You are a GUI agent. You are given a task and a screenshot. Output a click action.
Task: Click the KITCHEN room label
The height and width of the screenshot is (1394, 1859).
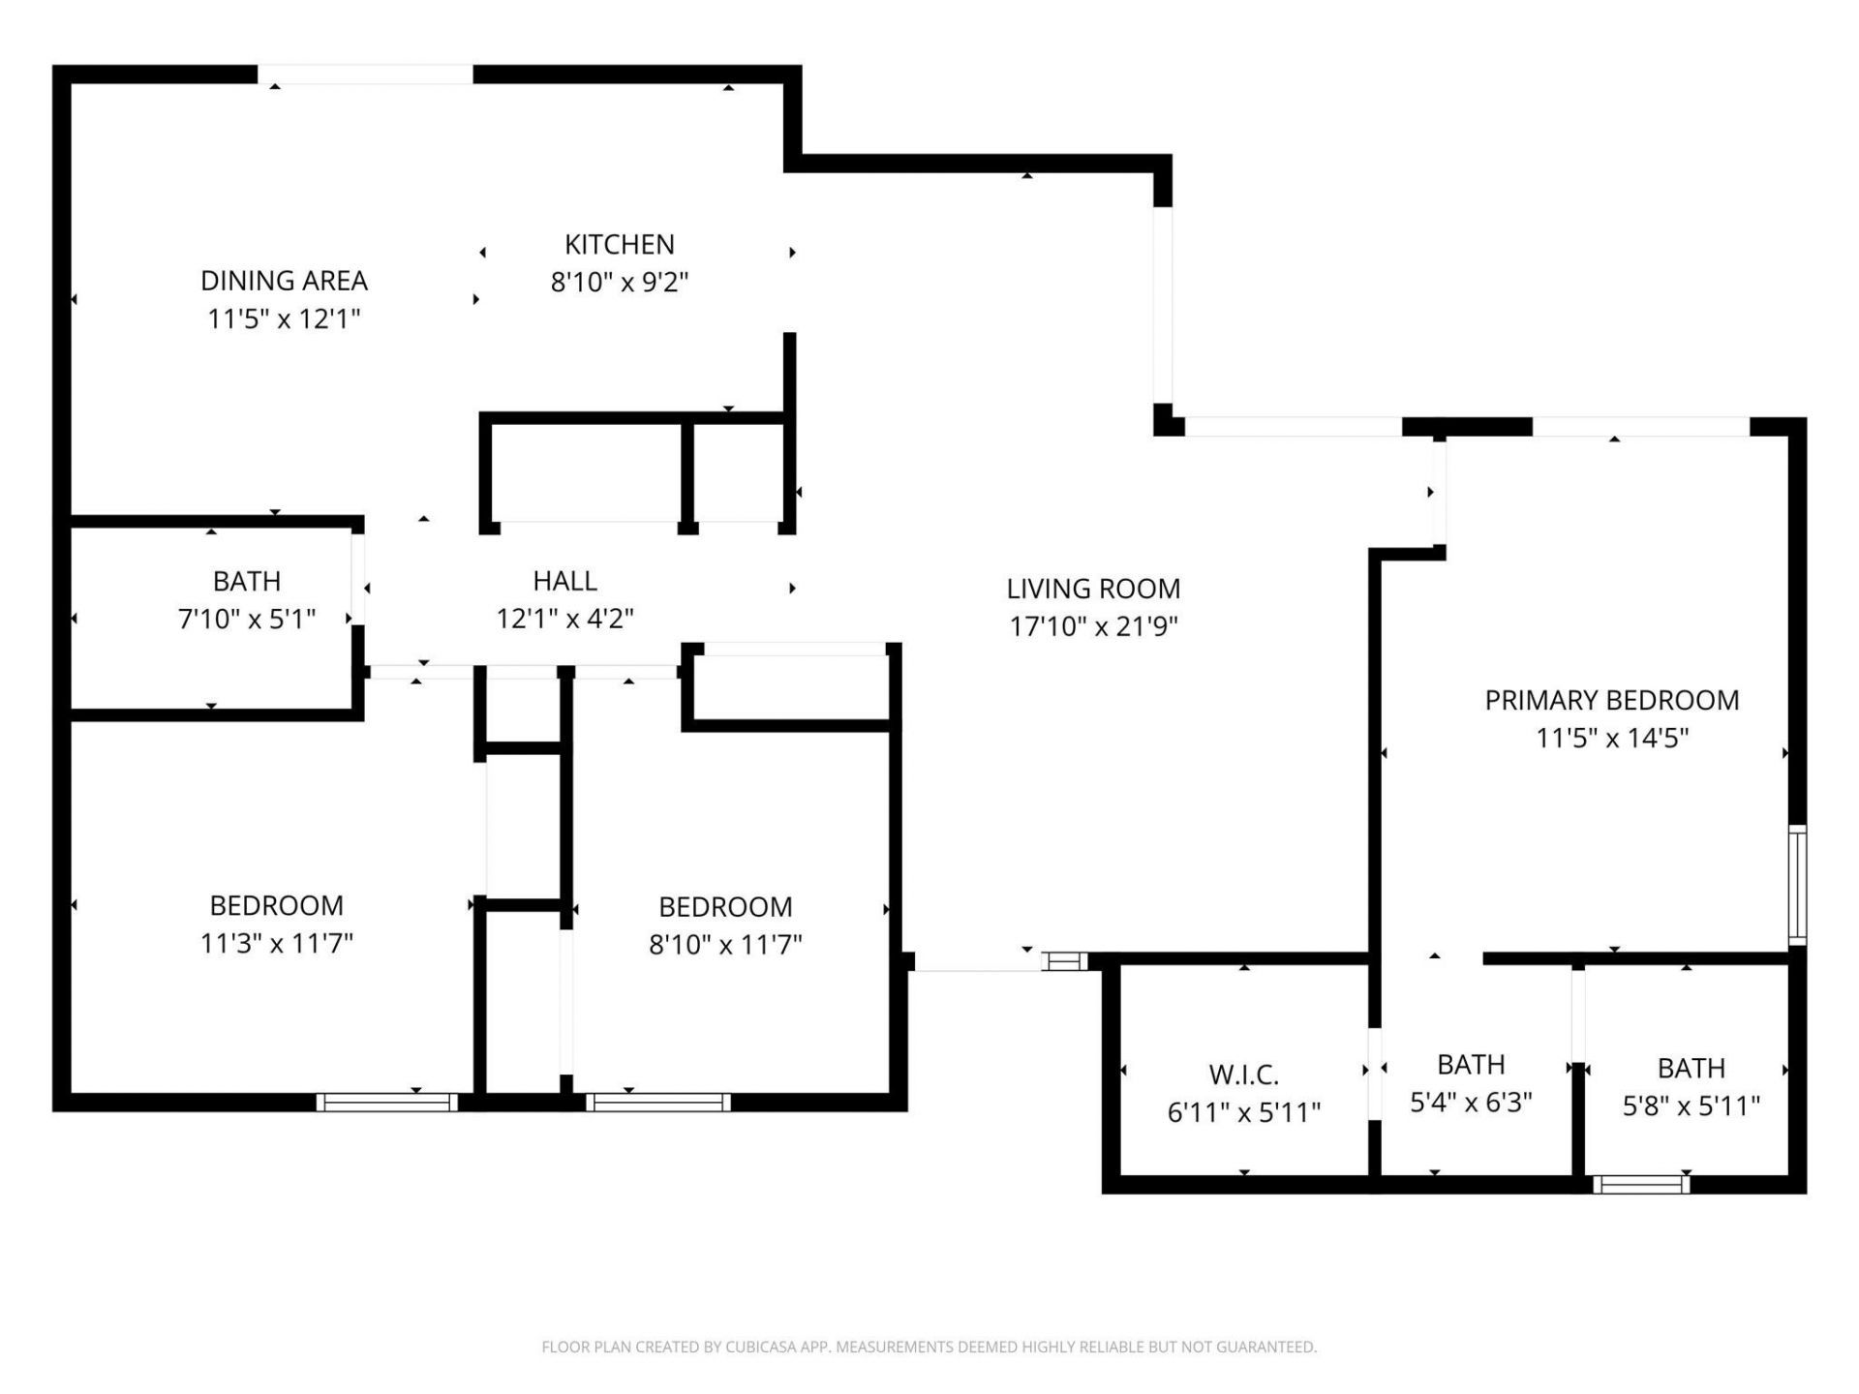[x=619, y=244]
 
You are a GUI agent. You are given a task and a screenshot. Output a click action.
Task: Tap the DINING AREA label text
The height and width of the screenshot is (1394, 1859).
[x=284, y=281]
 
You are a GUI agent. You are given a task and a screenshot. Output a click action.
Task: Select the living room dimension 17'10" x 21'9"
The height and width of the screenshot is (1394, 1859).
[x=1093, y=626]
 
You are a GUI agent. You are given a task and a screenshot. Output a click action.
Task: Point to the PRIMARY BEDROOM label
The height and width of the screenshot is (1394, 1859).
[x=1611, y=700]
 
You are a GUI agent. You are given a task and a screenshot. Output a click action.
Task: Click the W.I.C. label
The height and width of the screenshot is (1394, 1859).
[x=1243, y=1075]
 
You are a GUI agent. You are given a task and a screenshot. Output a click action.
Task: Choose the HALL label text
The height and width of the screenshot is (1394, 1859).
[x=564, y=581]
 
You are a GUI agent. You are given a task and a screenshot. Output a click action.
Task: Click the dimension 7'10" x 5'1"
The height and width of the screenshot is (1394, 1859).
[x=247, y=619]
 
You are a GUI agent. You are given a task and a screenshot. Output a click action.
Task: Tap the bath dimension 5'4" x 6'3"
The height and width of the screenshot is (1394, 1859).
[x=1470, y=1103]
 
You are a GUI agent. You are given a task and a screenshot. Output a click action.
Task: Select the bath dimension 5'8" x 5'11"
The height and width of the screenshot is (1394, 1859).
[x=1691, y=1106]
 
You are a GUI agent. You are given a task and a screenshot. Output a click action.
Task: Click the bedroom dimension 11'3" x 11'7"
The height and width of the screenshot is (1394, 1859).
[x=276, y=943]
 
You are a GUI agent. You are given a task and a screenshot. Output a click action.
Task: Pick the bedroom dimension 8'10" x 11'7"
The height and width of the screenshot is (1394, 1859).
[x=725, y=944]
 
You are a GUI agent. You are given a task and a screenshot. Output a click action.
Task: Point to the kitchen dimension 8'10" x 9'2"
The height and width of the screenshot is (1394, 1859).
[x=619, y=283]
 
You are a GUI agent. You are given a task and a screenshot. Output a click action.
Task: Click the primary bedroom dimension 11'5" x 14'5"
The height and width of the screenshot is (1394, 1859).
[x=1611, y=738]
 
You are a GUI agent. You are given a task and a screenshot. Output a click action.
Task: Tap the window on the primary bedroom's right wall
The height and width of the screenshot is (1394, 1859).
[x=1797, y=884]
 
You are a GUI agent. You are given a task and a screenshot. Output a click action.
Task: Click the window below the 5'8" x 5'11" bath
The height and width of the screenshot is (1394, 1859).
[x=1641, y=1184]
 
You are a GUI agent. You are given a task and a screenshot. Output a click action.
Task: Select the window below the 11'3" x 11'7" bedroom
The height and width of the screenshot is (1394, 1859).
[x=387, y=1102]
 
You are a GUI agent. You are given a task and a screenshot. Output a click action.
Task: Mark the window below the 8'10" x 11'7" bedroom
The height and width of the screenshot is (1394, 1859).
[x=657, y=1102]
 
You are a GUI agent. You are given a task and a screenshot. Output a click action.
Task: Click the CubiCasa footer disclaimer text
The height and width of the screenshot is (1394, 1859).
[x=929, y=1347]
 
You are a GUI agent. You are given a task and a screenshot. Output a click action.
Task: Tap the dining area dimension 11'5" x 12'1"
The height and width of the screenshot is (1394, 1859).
[x=284, y=318]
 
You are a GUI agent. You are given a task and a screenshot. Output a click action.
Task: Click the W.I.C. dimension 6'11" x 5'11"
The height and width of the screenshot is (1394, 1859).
[x=1243, y=1112]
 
